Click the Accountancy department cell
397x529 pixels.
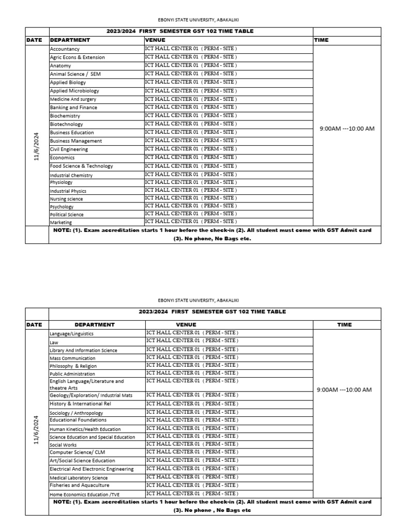click(x=96, y=49)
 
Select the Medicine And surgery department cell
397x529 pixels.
click(x=96, y=99)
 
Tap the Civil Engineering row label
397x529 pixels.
click(x=96, y=149)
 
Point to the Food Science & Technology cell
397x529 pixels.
click(x=96, y=166)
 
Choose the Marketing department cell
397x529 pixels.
click(x=96, y=222)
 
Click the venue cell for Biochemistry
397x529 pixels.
click(x=228, y=116)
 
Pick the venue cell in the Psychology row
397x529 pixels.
click(x=228, y=206)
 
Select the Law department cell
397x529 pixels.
click(x=96, y=342)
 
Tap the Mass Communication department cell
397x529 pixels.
click(x=96, y=358)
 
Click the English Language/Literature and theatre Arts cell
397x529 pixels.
click(x=96, y=384)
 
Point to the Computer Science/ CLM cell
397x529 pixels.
click(x=96, y=453)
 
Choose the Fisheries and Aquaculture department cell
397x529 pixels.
click(x=96, y=486)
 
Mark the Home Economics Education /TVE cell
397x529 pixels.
click(x=96, y=494)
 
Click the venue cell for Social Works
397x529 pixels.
click(x=228, y=444)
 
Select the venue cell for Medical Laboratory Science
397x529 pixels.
click(x=228, y=477)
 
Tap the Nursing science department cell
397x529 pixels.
click(x=96, y=198)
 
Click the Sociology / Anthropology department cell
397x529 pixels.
click(x=96, y=413)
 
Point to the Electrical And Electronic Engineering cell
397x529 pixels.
click(x=96, y=469)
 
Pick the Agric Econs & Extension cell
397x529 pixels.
click(x=96, y=57)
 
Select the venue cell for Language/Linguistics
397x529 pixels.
click(x=228, y=333)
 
